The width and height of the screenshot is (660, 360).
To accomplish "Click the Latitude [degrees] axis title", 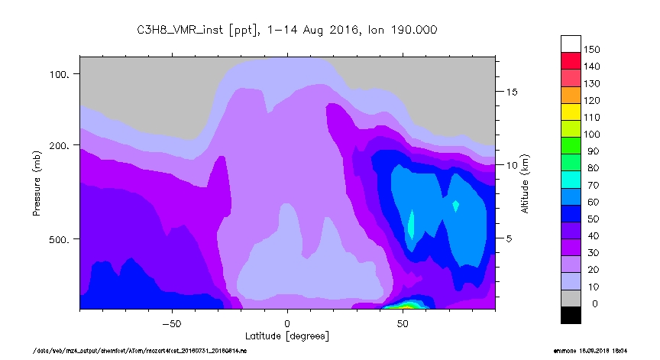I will tap(287, 336).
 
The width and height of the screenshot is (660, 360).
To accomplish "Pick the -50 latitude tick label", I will tap(171, 323).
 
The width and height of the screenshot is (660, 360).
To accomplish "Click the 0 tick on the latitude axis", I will tap(287, 323).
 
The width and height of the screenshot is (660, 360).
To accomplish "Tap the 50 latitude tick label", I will tap(403, 323).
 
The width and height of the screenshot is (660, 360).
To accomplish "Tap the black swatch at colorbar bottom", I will tap(571, 314).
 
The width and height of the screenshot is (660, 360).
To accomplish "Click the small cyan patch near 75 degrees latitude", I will tap(456, 205).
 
